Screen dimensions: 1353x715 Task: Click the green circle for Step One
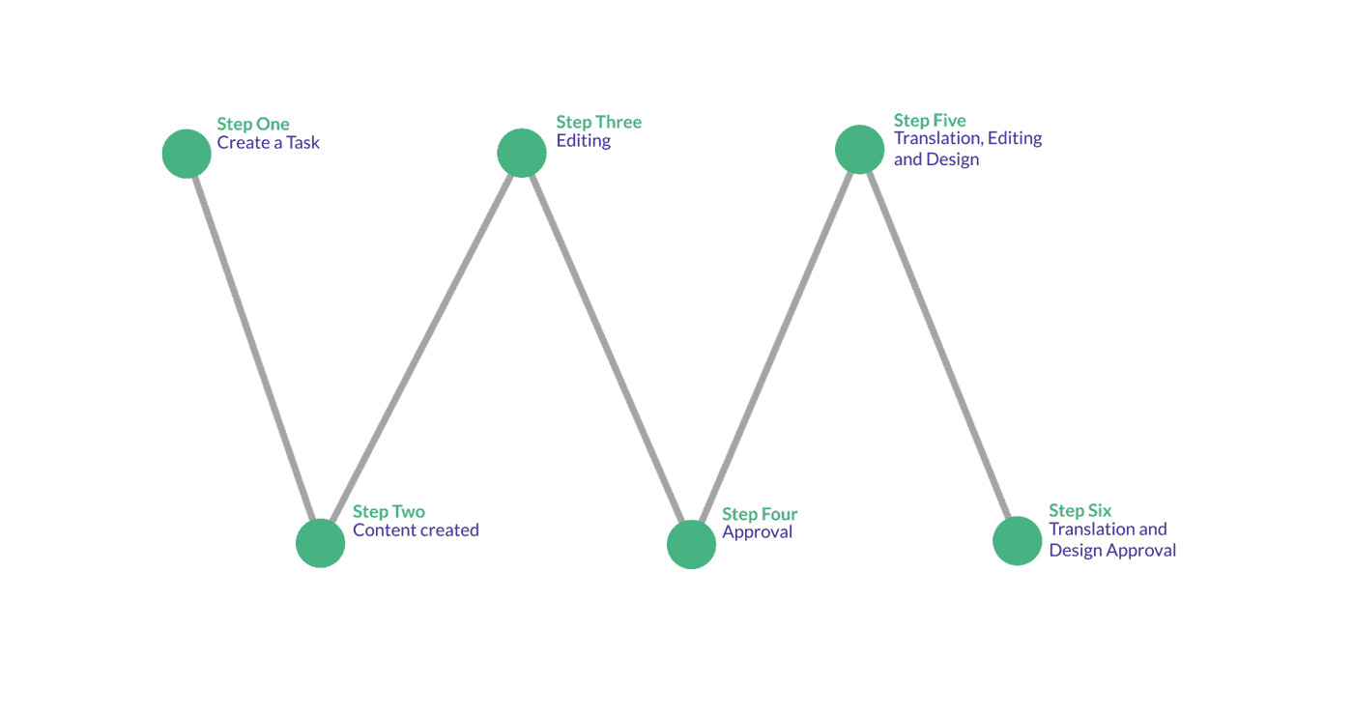187,154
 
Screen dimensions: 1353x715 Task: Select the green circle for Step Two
320,543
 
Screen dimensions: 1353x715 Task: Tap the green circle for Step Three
522,153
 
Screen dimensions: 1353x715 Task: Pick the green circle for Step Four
692,544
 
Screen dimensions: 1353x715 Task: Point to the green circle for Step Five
859,149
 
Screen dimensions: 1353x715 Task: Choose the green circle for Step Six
1017,540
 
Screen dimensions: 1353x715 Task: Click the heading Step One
253,125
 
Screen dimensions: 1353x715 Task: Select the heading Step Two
389,512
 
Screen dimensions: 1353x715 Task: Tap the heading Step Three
598,123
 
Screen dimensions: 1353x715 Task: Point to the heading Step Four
760,514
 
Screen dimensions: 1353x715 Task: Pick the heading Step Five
930,121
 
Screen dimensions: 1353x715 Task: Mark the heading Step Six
1080,511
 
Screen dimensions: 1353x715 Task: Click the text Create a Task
269,143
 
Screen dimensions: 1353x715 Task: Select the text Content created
416,530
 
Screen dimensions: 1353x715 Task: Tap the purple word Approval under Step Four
758,532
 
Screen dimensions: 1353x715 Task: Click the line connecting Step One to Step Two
253,348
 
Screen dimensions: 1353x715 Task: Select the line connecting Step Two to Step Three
421,348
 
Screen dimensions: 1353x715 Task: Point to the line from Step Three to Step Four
607,349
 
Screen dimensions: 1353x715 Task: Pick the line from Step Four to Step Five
775,347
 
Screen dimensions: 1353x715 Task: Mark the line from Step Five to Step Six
938,345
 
